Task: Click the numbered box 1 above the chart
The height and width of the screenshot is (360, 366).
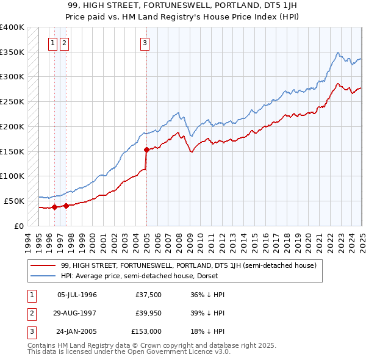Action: point(53,43)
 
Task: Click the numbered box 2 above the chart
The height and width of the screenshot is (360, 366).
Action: point(64,43)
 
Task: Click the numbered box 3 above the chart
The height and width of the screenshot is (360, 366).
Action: point(145,43)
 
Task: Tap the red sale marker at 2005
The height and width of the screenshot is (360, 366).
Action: point(146,149)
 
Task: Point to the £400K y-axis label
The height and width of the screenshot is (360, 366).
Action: point(12,27)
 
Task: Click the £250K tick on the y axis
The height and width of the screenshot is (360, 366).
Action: point(12,102)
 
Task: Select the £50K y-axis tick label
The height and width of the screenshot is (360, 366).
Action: point(14,201)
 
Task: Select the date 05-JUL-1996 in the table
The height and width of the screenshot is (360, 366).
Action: point(77,295)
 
